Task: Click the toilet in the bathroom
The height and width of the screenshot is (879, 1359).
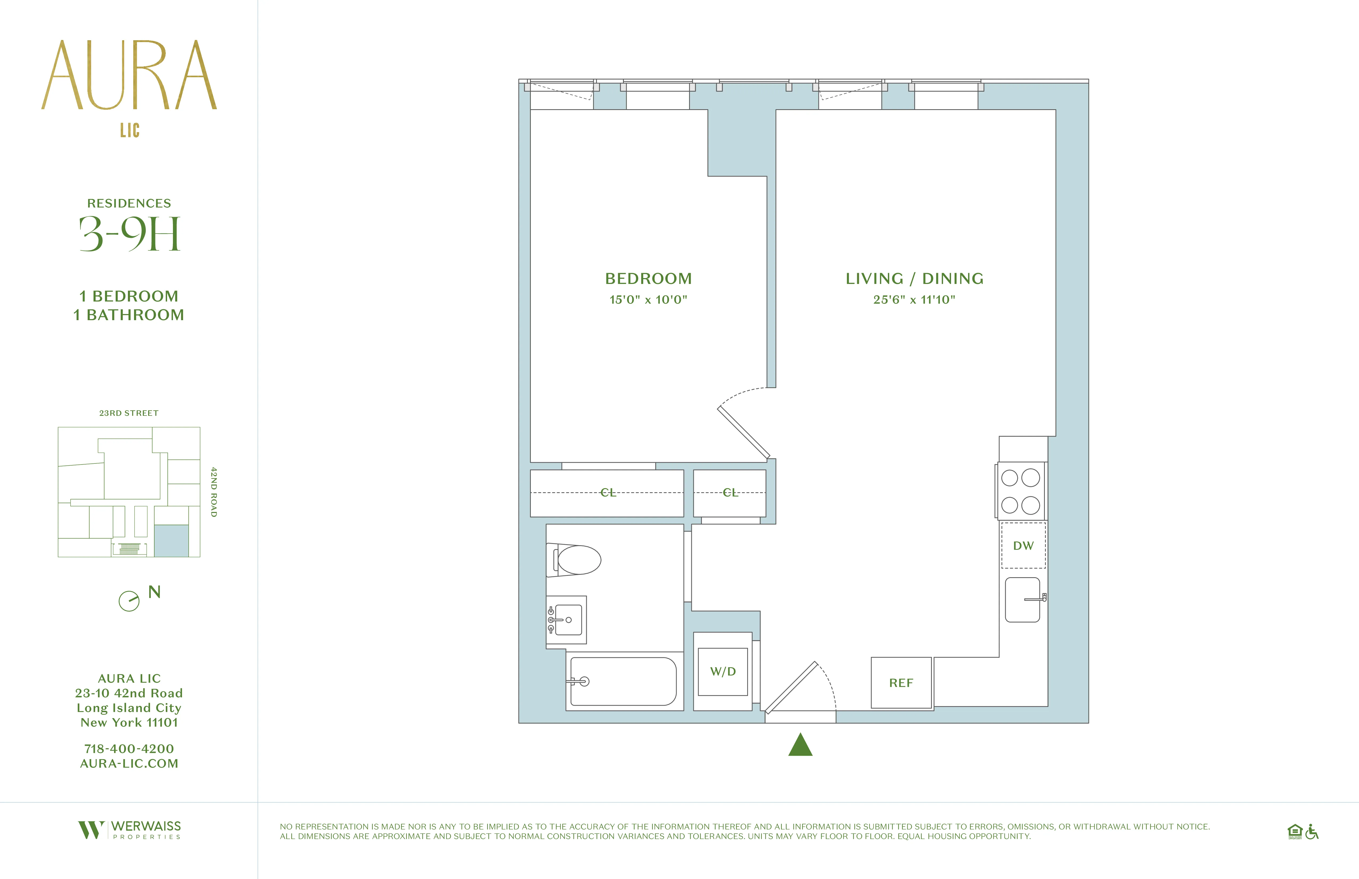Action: tap(577, 560)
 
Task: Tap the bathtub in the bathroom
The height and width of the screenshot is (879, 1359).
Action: tap(624, 682)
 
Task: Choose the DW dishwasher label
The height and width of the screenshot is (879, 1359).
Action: tap(1023, 546)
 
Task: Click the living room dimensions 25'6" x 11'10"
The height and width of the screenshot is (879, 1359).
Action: tap(914, 300)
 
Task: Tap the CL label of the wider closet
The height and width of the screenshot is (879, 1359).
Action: tap(608, 493)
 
